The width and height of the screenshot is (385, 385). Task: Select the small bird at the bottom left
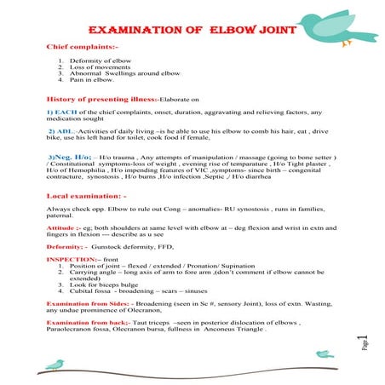(54, 363)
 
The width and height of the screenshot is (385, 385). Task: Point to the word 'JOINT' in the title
(273, 30)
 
